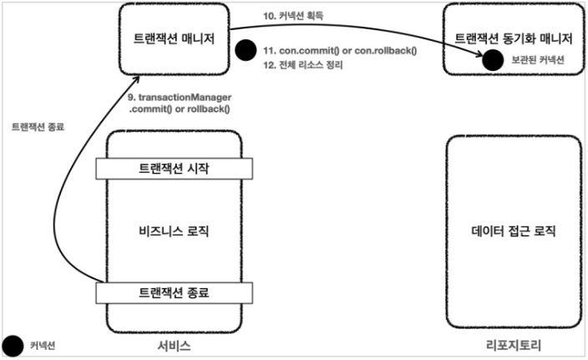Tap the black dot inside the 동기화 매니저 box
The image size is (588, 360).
point(493,59)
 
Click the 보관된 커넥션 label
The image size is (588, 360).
point(538,60)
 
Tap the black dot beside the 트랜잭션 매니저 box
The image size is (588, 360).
point(245,51)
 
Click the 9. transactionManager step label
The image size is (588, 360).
point(179,103)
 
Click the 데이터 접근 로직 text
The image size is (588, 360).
point(513,231)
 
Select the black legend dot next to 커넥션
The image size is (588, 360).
point(13,344)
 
